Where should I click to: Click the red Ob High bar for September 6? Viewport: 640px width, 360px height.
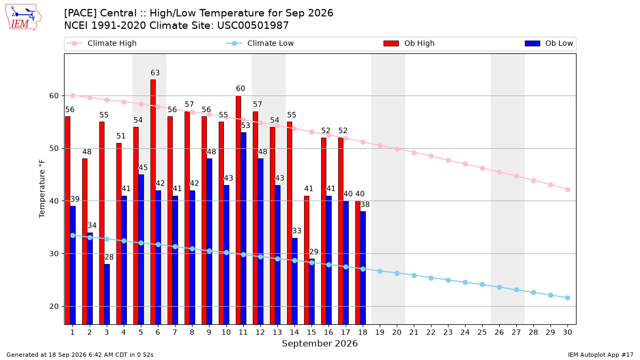(153, 202)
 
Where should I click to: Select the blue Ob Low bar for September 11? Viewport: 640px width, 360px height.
(243, 228)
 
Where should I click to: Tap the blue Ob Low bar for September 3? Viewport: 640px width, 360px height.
(107, 294)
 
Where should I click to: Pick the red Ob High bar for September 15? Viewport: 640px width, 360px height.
(307, 260)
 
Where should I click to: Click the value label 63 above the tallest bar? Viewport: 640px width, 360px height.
(155, 73)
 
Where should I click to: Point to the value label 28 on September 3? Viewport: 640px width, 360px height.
(109, 257)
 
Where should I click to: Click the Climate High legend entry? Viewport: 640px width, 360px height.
(102, 43)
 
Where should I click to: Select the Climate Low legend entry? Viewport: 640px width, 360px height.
(260, 43)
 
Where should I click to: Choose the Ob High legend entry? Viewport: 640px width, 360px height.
(409, 43)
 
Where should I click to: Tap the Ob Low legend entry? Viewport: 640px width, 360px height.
(549, 43)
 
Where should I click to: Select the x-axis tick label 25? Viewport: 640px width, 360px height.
(482, 332)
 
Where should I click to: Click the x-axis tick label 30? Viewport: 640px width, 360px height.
(567, 332)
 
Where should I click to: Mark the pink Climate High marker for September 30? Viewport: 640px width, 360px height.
(567, 190)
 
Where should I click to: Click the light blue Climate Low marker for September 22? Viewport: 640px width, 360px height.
(431, 278)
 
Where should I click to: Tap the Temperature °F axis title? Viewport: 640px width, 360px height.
(42, 189)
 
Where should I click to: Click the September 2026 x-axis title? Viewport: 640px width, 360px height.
(319, 343)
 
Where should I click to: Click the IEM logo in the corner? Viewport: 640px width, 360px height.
(23, 18)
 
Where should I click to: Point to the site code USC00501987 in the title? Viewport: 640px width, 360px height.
(253, 26)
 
